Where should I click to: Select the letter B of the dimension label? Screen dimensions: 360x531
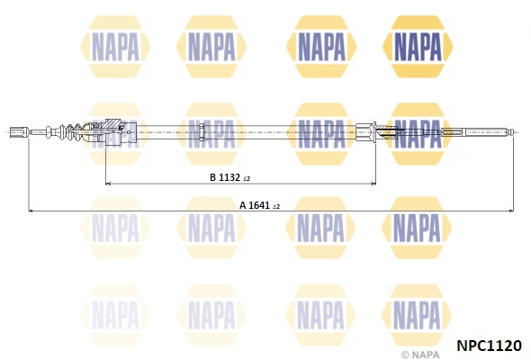coord(213,177)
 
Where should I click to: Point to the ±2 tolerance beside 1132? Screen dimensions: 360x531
coord(247,179)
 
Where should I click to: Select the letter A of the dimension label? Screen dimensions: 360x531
coord(243,205)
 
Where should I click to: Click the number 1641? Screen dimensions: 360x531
coord(259,205)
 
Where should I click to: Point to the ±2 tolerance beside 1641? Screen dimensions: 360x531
coord(275,207)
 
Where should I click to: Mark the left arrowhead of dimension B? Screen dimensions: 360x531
coord(108,184)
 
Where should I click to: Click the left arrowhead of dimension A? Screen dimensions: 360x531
coord(31,211)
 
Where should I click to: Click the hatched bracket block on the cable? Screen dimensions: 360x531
coord(115,131)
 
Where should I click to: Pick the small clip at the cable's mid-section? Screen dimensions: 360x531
coord(202,132)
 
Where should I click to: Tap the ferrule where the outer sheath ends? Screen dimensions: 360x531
coord(365,132)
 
